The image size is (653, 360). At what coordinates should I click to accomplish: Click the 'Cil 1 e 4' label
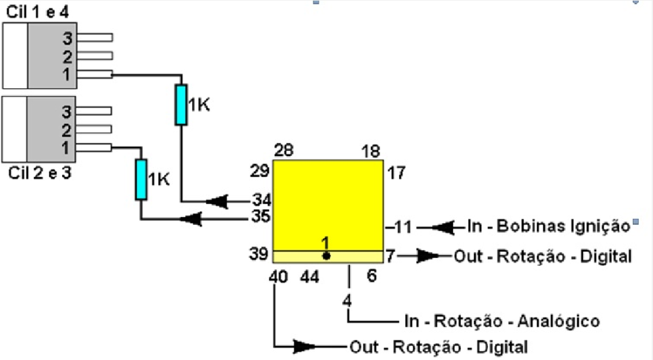(37, 12)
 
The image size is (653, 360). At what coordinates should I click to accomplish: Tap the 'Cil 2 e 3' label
(40, 172)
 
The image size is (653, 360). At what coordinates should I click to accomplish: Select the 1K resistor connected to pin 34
(181, 105)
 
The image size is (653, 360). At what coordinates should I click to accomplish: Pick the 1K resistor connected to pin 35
(141, 180)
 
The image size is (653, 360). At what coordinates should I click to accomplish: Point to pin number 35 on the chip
(261, 217)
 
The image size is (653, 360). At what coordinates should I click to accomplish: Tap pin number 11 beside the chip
(403, 227)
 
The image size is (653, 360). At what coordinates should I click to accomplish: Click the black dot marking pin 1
(326, 256)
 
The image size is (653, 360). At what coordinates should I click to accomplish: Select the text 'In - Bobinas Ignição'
(549, 226)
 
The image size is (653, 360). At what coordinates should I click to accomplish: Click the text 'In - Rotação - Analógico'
(502, 321)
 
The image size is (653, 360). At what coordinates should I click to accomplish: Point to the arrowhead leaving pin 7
(428, 256)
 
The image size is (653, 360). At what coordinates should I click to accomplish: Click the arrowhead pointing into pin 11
(443, 228)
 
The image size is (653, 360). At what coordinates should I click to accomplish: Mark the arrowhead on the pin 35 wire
(191, 219)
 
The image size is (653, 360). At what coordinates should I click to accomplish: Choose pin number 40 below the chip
(278, 276)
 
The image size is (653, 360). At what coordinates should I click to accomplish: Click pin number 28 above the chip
(284, 150)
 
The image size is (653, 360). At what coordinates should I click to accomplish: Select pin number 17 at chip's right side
(396, 172)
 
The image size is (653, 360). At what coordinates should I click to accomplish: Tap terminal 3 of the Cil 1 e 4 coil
(67, 39)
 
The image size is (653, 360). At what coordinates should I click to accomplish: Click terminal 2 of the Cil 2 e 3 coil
(66, 131)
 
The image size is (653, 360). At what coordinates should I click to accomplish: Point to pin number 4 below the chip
(347, 300)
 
